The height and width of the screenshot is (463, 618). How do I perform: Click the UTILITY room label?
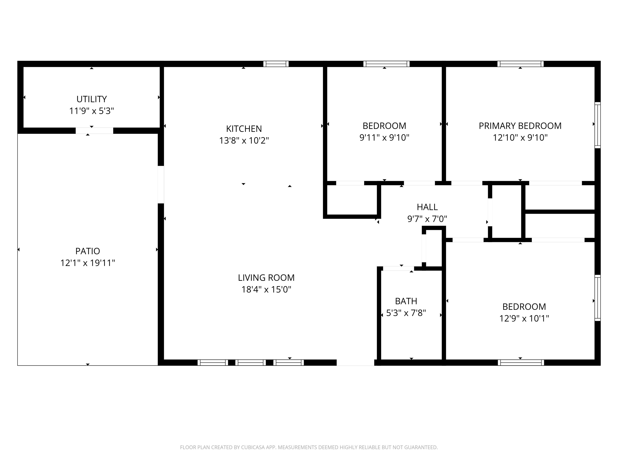pyautogui.click(x=92, y=99)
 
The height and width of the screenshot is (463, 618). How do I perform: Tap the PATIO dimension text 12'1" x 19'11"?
pyautogui.click(x=88, y=263)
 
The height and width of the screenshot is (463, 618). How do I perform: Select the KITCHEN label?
pyautogui.click(x=244, y=129)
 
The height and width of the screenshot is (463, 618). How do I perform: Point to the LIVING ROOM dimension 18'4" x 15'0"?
pyautogui.click(x=266, y=289)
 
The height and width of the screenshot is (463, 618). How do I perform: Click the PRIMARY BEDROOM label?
pyautogui.click(x=520, y=126)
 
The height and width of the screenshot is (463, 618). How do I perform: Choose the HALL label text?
pyautogui.click(x=427, y=207)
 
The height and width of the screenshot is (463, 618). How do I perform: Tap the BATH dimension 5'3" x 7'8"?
pyautogui.click(x=406, y=313)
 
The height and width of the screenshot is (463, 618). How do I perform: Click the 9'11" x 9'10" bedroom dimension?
pyautogui.click(x=384, y=138)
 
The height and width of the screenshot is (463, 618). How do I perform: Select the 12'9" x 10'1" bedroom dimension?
pyautogui.click(x=524, y=319)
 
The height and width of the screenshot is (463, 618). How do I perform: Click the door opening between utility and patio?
pyautogui.click(x=94, y=131)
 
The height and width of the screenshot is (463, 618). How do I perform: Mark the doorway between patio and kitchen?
pyautogui.click(x=161, y=184)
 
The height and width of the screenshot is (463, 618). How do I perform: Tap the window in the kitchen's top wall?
pyautogui.click(x=276, y=64)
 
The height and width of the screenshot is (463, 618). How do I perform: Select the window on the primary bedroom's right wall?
pyautogui.click(x=597, y=125)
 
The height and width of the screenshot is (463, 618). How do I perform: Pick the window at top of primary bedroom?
pyautogui.click(x=520, y=64)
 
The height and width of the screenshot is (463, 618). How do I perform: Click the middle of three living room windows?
pyautogui.click(x=251, y=363)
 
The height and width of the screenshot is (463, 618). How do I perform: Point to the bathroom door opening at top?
pyautogui.click(x=398, y=268)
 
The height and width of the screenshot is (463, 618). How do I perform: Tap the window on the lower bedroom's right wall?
pyautogui.click(x=597, y=298)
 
